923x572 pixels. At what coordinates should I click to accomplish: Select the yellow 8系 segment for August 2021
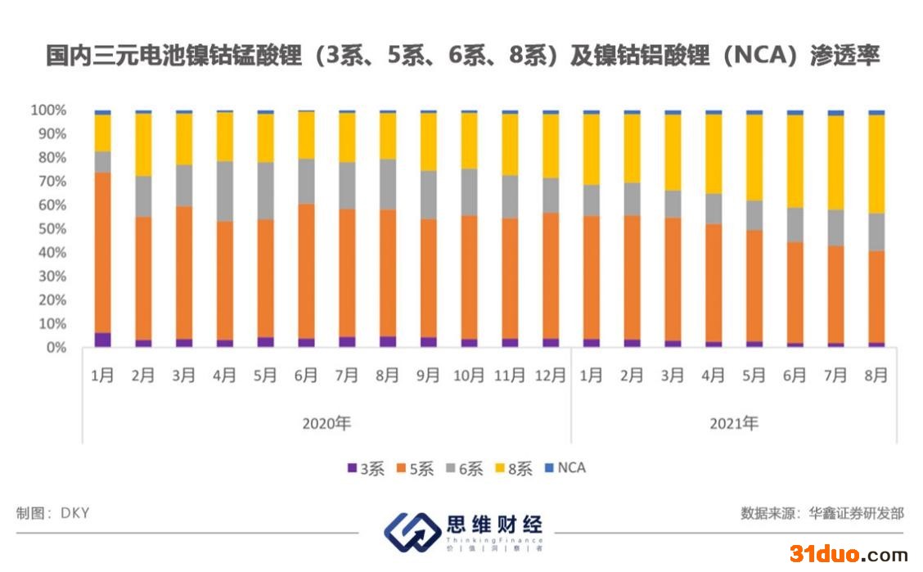[876, 164]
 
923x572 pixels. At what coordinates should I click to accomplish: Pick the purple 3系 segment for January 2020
[102, 340]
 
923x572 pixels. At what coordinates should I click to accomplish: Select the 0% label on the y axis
[56, 348]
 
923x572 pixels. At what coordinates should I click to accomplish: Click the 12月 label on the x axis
[550, 376]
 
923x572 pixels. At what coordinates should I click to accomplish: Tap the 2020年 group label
[326, 424]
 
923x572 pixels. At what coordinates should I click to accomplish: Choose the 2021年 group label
[734, 424]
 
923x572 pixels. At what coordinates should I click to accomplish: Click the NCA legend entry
[565, 468]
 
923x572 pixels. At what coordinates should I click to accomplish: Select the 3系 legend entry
[366, 469]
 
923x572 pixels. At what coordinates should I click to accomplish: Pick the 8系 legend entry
[513, 469]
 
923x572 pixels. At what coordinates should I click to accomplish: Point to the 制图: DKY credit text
[52, 513]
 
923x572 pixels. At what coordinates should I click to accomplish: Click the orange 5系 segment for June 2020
[306, 271]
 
